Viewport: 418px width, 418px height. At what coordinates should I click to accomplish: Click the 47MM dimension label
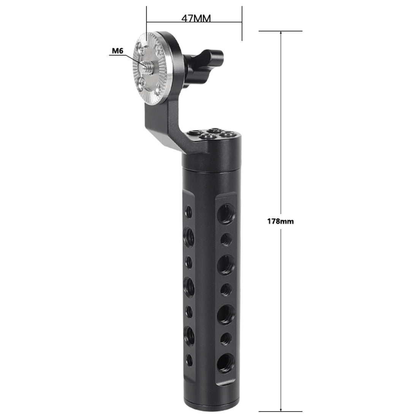click(196, 18)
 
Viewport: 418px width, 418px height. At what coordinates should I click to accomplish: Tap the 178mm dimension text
click(280, 221)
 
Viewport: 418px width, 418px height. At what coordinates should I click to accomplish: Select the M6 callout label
click(117, 51)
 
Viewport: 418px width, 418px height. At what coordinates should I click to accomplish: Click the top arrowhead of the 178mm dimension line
click(281, 33)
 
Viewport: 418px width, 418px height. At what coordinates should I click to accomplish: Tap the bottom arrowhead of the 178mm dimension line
click(281, 410)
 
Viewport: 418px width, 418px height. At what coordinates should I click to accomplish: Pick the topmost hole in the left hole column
click(189, 212)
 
